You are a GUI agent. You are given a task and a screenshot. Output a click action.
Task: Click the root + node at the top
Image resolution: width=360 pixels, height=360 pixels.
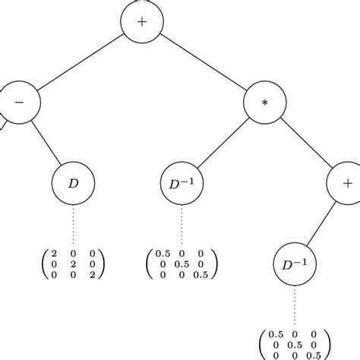(x=142, y=22)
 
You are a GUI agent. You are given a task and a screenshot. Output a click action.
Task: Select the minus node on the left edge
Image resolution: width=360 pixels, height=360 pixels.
(x=17, y=101)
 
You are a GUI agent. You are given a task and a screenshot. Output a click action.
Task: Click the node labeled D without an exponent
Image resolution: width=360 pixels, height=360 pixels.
(x=73, y=184)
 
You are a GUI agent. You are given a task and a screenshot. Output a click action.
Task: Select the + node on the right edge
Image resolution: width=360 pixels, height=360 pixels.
(x=346, y=184)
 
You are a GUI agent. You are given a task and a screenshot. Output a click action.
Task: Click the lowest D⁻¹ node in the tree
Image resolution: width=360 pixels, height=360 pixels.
(x=292, y=267)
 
